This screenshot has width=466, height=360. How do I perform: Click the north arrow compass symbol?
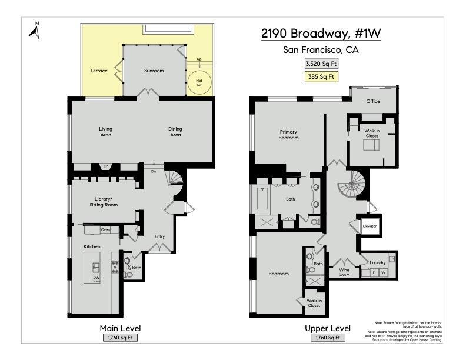[35, 30]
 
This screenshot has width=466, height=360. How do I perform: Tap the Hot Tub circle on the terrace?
[199, 83]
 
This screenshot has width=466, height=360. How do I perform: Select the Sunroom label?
[154, 71]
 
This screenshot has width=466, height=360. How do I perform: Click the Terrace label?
[99, 71]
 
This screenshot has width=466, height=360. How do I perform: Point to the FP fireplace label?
[106, 166]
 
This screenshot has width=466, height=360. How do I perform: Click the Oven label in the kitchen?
[106, 229]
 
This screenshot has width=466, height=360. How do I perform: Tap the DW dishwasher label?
[96, 278]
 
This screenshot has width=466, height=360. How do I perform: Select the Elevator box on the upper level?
[370, 226]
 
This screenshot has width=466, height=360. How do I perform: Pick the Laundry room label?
[377, 262]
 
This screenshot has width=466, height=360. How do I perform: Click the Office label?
[373, 101]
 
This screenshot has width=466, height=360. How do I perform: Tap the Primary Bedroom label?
[289, 135]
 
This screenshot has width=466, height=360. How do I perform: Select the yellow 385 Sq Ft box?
[321, 76]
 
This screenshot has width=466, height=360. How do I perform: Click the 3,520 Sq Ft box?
[321, 64]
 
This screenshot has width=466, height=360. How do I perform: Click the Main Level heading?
[121, 328]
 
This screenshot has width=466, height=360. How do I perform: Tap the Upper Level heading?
[328, 328]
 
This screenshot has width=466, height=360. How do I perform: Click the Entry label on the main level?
[159, 236]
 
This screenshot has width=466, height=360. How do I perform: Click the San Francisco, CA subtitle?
[321, 50]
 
